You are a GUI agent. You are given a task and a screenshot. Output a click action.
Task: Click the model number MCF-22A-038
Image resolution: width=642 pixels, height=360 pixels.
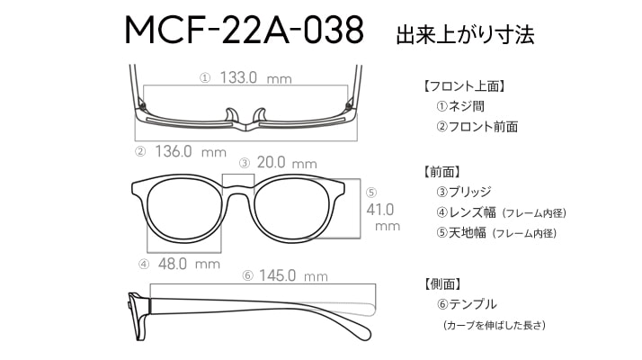244,30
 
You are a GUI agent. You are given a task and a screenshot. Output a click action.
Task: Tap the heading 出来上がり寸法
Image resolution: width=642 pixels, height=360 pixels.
465,34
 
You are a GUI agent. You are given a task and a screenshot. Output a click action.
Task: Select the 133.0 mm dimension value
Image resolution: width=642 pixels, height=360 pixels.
256,77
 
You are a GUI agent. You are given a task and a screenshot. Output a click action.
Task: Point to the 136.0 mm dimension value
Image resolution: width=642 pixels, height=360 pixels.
191,152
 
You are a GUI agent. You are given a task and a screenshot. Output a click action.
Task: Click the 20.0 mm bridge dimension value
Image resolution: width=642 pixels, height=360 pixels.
287,163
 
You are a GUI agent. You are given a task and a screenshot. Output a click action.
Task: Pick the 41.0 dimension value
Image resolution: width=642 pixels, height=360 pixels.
380,210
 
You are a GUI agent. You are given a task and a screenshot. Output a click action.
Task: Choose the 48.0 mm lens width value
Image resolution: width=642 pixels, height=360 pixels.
189,264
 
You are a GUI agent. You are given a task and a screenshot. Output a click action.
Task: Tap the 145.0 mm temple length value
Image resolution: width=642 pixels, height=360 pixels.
293,275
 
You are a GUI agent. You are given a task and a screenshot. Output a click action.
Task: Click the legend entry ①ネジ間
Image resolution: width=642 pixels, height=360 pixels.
460,106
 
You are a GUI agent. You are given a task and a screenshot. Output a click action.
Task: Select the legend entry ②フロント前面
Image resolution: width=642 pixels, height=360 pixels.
477,127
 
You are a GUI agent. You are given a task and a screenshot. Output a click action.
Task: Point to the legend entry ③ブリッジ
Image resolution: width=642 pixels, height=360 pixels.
464,192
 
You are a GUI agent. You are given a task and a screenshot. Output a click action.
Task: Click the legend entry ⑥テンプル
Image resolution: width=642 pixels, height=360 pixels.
467,304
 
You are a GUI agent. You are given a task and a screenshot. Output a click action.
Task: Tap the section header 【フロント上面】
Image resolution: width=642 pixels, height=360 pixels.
463,86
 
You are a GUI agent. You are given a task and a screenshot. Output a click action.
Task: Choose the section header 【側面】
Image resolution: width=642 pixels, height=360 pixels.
442,283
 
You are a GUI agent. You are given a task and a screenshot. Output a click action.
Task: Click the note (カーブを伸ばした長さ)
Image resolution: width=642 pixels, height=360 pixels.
495,325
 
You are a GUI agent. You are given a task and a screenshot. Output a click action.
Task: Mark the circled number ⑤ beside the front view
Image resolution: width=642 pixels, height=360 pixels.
371,193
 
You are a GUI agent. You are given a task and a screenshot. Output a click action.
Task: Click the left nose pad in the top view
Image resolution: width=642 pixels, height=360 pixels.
231,115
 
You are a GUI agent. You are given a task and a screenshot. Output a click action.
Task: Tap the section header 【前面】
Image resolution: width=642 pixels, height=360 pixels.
442,172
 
